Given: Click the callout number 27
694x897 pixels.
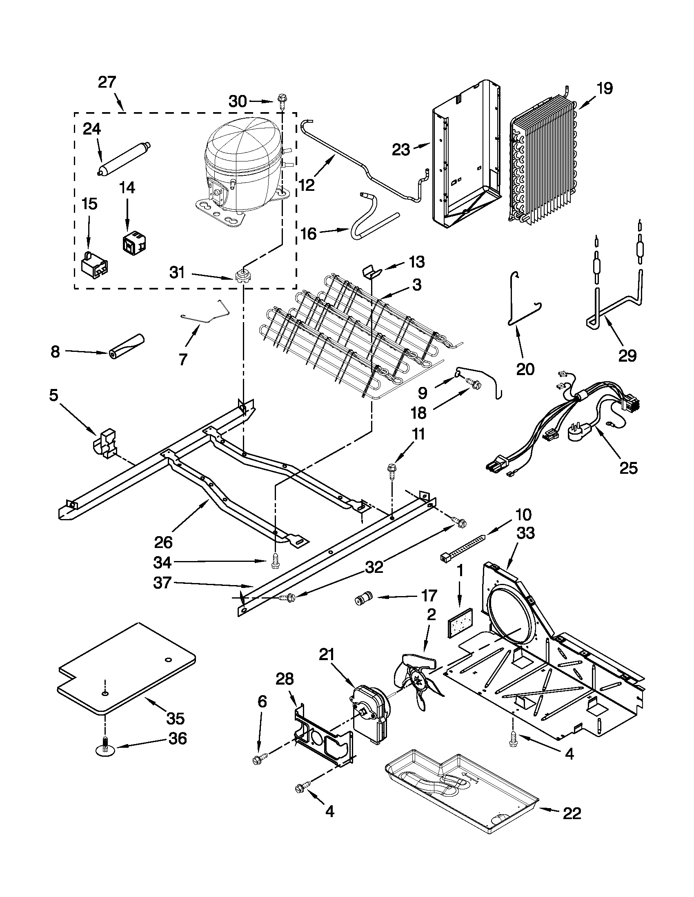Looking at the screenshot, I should click(107, 82).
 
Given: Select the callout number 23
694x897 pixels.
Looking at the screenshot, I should click(401, 150).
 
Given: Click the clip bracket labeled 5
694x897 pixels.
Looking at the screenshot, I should click(106, 444).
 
